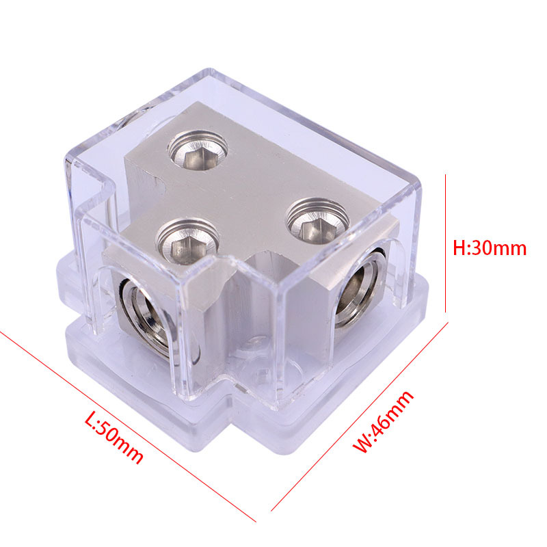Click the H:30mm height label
490,248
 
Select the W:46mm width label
383,421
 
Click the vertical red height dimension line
446,243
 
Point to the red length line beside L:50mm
128,426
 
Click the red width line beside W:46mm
360,417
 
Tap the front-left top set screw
187,241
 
